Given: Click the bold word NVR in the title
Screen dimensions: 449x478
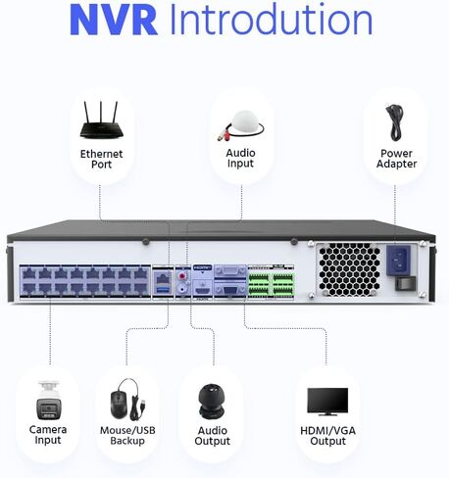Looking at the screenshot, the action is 114,20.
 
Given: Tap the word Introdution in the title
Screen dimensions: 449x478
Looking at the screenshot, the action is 272,19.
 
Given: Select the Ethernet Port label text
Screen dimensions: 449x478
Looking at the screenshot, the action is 101,159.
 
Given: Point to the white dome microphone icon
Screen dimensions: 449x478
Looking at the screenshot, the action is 241,126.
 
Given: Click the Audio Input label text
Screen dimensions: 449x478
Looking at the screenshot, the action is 240,158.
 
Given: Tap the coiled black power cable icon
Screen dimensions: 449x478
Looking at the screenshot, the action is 395,122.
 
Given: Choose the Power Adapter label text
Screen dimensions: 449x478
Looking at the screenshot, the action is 396,159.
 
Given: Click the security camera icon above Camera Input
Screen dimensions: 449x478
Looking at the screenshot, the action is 48,400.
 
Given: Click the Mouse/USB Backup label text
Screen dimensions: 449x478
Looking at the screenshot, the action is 127,436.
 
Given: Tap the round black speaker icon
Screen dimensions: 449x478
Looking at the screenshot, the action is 212,402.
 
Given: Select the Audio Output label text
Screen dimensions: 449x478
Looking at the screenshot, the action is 213,436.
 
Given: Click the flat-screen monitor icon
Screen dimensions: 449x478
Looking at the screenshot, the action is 327,402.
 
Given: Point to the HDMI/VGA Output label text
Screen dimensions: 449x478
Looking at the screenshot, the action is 327,436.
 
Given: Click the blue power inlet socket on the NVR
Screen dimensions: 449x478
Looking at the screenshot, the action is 398,260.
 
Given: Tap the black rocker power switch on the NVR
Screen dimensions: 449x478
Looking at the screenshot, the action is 405,283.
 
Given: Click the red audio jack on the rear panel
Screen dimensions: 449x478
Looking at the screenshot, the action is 182,277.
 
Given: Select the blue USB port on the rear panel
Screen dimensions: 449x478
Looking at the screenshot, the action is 164,289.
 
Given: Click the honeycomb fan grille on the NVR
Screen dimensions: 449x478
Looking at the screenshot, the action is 350,269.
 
